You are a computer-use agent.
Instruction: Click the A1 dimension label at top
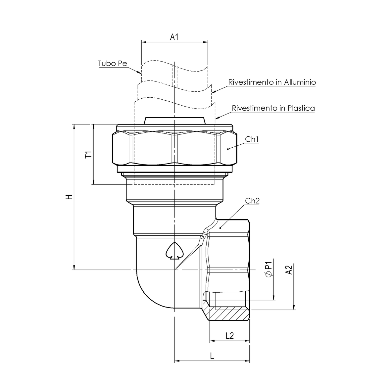[x=174, y=37]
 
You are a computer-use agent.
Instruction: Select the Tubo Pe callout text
[x=113, y=63]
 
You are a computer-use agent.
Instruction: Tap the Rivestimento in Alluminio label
[x=272, y=82]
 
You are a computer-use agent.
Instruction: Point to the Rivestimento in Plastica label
[x=273, y=108]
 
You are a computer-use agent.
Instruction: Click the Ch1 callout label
[x=252, y=139]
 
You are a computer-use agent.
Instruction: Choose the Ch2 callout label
[x=252, y=201]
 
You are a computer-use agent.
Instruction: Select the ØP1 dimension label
[x=268, y=269]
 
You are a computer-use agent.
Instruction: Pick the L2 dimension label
[x=229, y=335]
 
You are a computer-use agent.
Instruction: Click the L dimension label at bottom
[x=212, y=356]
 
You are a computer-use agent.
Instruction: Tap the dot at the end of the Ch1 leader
[x=228, y=149]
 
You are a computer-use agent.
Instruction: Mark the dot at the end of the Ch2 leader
[x=220, y=227]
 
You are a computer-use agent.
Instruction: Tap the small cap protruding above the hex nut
[x=174, y=121]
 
